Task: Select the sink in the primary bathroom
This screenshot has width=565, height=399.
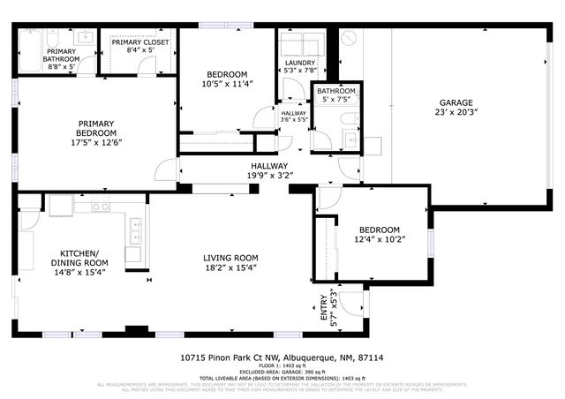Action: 86,37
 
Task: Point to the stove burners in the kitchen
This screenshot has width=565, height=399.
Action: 101,207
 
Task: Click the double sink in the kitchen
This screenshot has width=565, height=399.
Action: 136,232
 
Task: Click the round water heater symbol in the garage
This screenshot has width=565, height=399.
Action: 350,38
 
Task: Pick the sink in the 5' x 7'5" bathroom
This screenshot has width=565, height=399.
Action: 350,139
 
